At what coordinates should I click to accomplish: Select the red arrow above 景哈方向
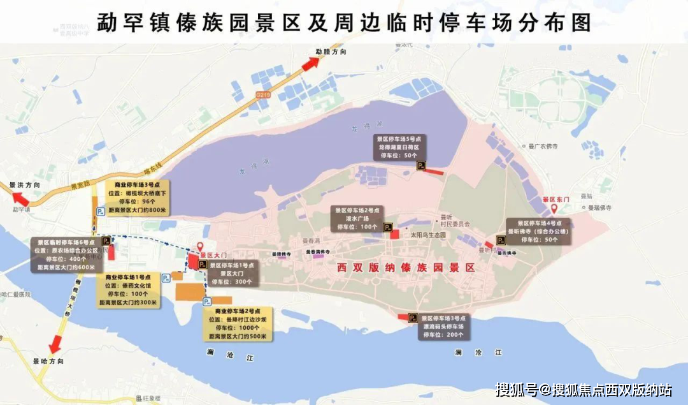point(56,342)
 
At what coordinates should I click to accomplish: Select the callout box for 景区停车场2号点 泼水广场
point(355,218)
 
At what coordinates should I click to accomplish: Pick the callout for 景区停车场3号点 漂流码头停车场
point(442,326)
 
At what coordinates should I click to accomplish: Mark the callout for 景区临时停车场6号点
point(66,254)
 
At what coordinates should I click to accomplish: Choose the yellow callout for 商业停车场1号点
point(130,290)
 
